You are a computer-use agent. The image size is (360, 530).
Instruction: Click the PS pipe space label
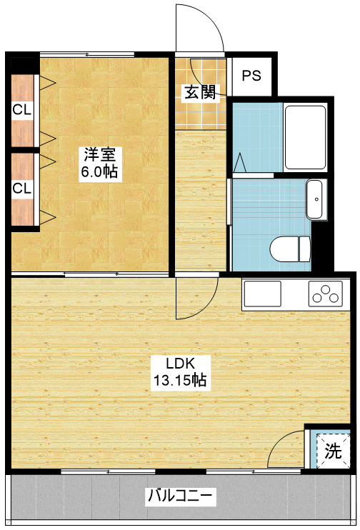pos(251,76)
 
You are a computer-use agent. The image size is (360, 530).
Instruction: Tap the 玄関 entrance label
pos(200,92)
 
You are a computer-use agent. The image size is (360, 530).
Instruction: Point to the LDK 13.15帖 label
pos(180,372)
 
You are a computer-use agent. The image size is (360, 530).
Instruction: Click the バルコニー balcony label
pos(181,496)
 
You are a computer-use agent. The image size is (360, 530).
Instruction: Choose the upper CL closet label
pos(22,109)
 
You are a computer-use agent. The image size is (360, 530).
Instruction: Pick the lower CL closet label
pos(22,189)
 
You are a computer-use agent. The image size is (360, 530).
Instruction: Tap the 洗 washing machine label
pos(334,451)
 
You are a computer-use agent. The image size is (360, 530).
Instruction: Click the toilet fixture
pos(290,249)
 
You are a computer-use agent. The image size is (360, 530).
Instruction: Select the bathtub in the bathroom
pos(305,137)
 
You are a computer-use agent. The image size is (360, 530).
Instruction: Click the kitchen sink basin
pos(263,294)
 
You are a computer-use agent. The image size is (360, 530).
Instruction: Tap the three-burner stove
pos(325,294)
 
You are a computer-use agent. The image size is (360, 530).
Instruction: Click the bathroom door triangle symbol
pos(240,162)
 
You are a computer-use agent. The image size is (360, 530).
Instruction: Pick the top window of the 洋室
pos(87,54)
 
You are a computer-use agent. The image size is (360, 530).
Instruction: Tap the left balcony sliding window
pos(108,471)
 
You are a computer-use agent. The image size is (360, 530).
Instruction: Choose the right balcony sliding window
pos(254,471)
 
